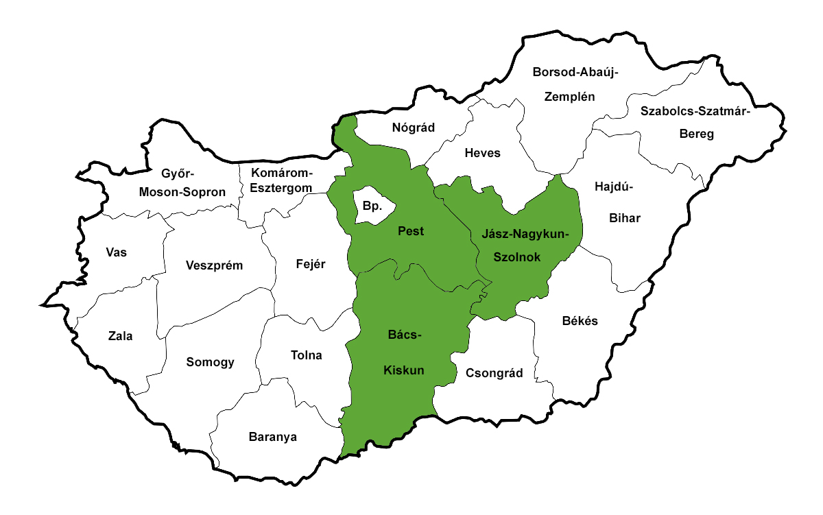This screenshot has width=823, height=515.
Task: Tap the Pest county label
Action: [411, 232]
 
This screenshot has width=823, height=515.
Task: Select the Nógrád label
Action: [414, 127]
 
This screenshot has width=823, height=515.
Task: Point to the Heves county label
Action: [482, 153]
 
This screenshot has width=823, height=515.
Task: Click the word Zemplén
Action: [569, 97]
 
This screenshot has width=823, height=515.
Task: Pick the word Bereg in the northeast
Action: [696, 134]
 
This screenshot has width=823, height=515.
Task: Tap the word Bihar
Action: [625, 219]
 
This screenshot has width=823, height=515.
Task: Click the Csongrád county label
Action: [494, 374]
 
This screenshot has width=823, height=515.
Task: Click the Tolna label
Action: [307, 355]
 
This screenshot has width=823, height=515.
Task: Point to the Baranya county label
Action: [273, 437]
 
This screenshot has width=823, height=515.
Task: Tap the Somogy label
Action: [211, 362]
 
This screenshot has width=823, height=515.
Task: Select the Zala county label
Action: [121, 336]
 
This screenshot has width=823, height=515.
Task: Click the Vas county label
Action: [117, 252]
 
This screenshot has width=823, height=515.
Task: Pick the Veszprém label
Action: [214, 265]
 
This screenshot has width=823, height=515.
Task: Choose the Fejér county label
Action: [310, 264]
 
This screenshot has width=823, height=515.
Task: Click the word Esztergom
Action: [281, 187]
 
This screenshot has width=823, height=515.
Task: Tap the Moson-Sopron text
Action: [182, 192]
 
